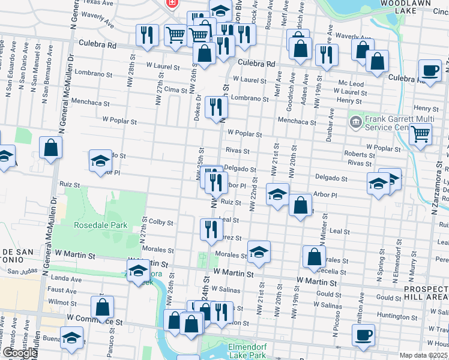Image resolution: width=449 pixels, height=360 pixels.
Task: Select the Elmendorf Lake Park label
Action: pos(247,351)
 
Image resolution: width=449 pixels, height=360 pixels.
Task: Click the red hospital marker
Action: pos(173,4)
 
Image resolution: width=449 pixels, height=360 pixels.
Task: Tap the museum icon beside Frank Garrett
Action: pos(355,122)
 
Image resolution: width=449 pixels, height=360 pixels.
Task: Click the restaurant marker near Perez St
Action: pos(211,230)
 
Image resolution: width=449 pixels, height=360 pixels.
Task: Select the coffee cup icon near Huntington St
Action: pos(363,335)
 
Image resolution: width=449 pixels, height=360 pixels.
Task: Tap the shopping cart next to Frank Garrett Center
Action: pos(420,135)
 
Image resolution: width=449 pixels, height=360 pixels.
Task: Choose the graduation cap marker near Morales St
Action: pos(259,252)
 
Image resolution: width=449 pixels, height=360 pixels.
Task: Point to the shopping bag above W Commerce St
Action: pos(103,307)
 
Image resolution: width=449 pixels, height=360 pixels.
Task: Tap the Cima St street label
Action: pos(176,89)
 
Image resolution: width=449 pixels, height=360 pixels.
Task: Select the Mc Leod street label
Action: pos(351,84)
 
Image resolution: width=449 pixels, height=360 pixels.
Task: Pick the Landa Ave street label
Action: pos(67,278)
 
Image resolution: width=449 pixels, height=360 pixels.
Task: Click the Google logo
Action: pos(20,352)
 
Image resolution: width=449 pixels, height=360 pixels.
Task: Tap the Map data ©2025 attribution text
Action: pos(423,355)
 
